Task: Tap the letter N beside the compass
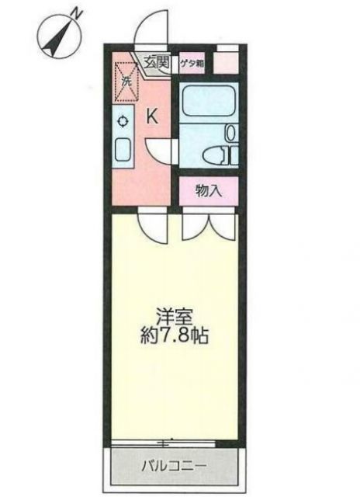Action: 76,12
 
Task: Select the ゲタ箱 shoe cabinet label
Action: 192,64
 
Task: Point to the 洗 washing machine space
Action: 125,80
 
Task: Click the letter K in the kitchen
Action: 153,117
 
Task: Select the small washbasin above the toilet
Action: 230,133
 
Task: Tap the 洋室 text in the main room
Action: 175,317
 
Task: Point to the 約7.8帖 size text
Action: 175,338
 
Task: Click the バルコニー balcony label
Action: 173,467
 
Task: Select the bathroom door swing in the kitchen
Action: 161,149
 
